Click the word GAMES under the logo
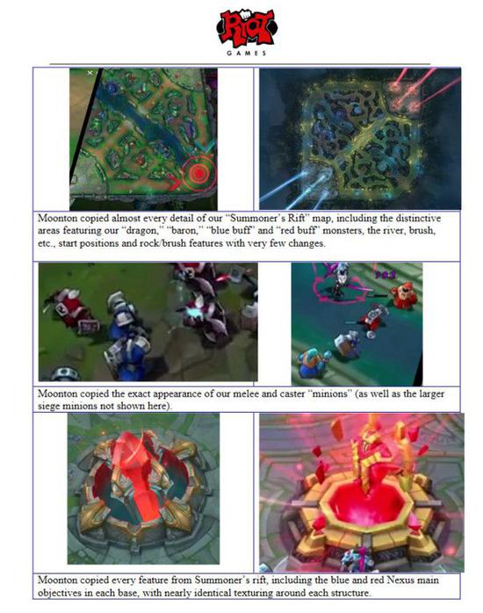tap(247, 53)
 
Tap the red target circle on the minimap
tap(198, 172)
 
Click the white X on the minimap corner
tap(90, 73)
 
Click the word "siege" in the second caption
tap(48, 407)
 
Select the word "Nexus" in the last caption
tap(400, 580)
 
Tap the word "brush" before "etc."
tap(422, 231)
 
